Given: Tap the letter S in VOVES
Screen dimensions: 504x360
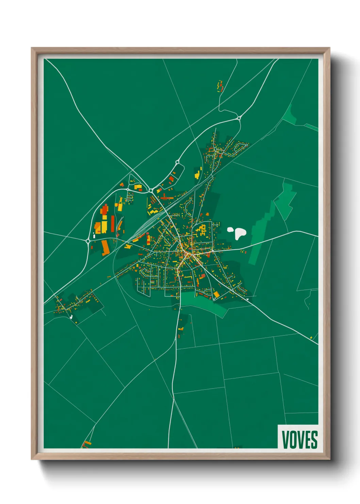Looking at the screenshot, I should [x=314, y=440].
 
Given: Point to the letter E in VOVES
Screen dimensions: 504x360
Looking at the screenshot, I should [x=307, y=440].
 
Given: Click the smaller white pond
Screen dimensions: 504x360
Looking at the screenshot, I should [x=231, y=230].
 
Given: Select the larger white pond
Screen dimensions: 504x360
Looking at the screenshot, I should [x=240, y=233].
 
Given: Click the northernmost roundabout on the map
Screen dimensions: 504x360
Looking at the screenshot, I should [x=239, y=118].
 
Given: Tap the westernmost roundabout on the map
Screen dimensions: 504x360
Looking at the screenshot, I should [x=88, y=241].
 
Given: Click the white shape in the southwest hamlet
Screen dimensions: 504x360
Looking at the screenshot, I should [x=71, y=317].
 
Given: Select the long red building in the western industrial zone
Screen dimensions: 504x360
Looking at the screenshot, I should [x=113, y=223].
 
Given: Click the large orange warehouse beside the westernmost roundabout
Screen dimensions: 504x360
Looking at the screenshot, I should [x=105, y=248].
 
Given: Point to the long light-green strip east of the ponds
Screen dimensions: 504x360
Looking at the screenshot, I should [x=261, y=235].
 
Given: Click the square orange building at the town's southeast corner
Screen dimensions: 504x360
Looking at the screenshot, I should [x=216, y=294].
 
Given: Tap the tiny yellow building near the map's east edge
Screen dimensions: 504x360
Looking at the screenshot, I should [x=311, y=337].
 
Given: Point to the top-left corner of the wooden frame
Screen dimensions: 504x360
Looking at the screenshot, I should [x=32, y=48].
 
